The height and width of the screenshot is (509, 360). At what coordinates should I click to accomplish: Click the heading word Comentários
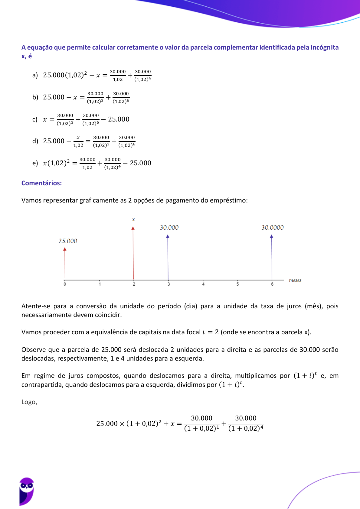pyautogui.click(x=41, y=183)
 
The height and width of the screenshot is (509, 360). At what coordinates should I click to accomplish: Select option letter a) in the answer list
pyautogui.click(x=35, y=75)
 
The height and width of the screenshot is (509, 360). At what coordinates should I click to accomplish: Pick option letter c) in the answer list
pyautogui.click(x=35, y=119)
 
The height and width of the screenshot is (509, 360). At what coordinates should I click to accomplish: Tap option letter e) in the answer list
pyautogui.click(x=35, y=163)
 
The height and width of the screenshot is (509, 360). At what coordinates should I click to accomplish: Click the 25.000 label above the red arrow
pyautogui.click(x=68, y=241)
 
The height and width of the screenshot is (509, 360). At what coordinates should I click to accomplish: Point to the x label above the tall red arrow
pyautogui.click(x=133, y=219)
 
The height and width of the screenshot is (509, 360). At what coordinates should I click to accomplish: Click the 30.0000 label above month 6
pyautogui.click(x=273, y=228)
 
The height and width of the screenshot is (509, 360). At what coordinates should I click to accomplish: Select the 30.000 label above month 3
pyautogui.click(x=169, y=228)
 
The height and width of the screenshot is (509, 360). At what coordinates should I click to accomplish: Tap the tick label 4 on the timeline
pyautogui.click(x=203, y=284)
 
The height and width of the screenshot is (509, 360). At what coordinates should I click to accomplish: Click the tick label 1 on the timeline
pyautogui.click(x=100, y=284)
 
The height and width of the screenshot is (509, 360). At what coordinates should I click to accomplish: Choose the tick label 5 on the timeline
pyautogui.click(x=237, y=284)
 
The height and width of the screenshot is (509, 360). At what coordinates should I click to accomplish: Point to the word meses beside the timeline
pyautogui.click(x=295, y=280)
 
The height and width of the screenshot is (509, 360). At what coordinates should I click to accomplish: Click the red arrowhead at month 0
pyautogui.click(x=65, y=249)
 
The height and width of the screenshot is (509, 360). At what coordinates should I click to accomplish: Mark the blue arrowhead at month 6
pyautogui.click(x=272, y=236)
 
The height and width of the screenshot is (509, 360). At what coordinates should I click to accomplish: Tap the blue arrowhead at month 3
pyautogui.click(x=168, y=236)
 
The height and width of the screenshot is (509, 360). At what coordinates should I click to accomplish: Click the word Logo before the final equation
pyautogui.click(x=29, y=402)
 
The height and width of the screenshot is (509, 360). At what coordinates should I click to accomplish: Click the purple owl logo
pyautogui.click(x=27, y=491)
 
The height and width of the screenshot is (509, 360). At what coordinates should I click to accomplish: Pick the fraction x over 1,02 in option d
pyautogui.click(x=78, y=141)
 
